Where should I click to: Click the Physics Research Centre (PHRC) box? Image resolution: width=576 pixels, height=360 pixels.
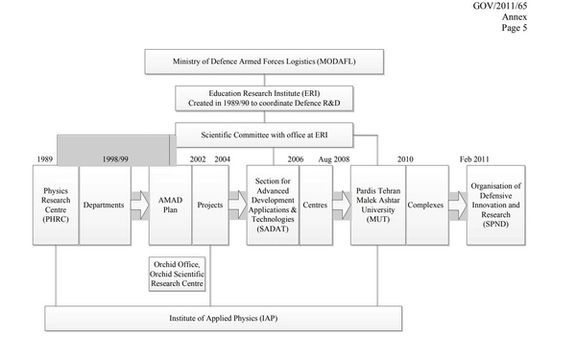pos(55,205)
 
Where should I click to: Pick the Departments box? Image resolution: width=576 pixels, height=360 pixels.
pos(105,205)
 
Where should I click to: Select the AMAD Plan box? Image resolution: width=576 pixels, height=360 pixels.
pos(169,205)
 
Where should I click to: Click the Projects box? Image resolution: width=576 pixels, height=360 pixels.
pos(211,205)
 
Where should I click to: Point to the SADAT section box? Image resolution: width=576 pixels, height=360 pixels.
pos(273,205)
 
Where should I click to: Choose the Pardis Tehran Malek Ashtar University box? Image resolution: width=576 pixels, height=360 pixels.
pos(377,205)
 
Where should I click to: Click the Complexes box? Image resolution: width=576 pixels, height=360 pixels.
pos(426,205)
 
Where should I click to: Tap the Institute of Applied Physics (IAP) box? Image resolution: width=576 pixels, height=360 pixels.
pos(223,319)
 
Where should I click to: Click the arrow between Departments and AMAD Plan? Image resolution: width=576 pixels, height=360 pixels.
pos(139,205)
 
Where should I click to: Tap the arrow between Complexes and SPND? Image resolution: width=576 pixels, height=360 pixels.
pos(456,205)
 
